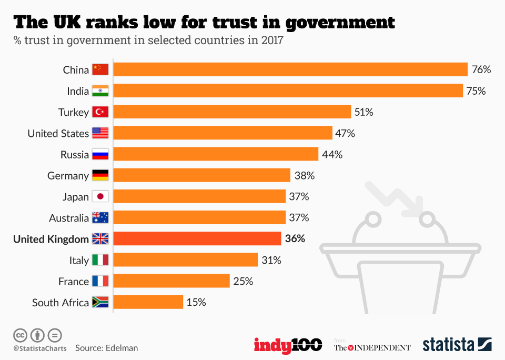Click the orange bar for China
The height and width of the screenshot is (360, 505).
(290, 69)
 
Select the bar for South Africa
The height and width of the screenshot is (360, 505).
(148, 302)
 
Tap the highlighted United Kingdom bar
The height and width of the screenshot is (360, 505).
(197, 238)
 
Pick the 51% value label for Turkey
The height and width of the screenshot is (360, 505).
(363, 112)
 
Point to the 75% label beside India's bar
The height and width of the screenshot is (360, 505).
(476, 91)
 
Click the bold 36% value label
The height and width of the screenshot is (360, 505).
(295, 238)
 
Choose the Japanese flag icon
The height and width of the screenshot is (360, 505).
(100, 197)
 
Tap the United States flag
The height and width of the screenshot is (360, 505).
(100, 133)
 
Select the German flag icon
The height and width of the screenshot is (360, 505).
(100, 175)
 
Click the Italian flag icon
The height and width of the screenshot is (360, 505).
(100, 260)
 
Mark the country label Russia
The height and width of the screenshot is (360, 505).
(75, 155)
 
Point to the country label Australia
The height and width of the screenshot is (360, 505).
(69, 218)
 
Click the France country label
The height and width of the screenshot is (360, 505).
(74, 282)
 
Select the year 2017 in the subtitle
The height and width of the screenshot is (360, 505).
(272, 41)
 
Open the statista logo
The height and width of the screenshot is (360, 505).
(457, 345)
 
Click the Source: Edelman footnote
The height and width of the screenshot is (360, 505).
(106, 348)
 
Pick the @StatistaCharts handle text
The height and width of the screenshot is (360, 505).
(40, 348)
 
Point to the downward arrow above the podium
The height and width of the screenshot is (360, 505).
(396, 201)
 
